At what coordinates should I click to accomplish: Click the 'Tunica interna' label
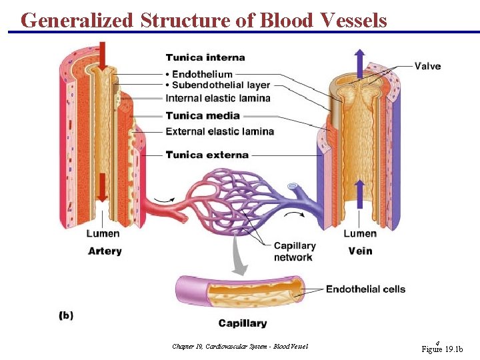[x=205, y=58]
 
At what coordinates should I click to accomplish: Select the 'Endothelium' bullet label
[x=202, y=74]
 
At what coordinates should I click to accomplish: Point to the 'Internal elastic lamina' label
[x=218, y=99]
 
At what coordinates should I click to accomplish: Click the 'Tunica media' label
[x=203, y=115]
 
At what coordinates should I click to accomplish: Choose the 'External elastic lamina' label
[x=219, y=131]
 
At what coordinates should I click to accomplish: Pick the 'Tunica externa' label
[x=207, y=155]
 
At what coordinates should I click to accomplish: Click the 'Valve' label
[x=427, y=66]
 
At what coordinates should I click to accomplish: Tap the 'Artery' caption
[x=105, y=251]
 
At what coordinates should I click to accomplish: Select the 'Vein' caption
[x=360, y=251]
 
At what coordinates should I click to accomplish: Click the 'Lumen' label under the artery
[x=103, y=233]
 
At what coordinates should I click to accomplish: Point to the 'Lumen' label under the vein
[x=360, y=233]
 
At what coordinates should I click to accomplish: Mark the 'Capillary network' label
[x=294, y=251]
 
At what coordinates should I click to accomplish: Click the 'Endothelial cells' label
[x=365, y=289]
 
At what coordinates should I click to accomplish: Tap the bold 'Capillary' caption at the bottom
[x=243, y=323]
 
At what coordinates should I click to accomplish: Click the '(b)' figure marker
[x=66, y=315]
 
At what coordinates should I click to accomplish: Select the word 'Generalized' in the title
[x=77, y=21]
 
